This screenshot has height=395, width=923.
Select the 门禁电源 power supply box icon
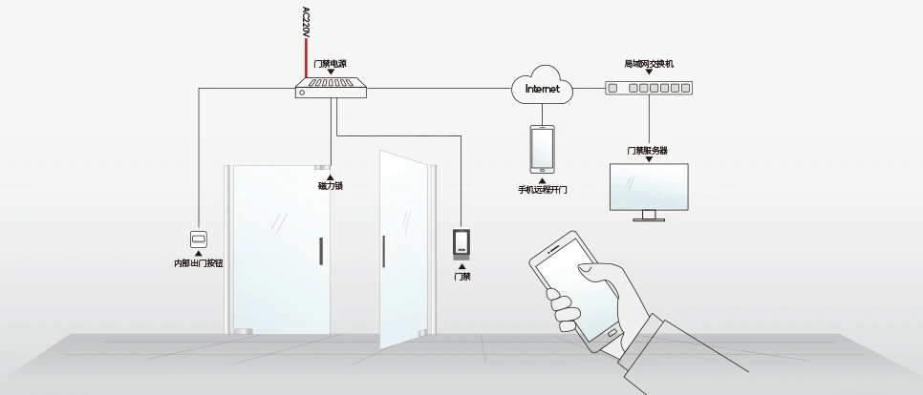331,88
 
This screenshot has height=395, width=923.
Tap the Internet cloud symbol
542,86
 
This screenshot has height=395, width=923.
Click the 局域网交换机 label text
649,64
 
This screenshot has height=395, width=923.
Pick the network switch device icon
649,88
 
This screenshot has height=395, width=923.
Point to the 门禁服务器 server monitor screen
649,186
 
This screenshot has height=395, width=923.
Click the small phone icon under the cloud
542,149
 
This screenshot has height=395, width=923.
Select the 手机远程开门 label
542,190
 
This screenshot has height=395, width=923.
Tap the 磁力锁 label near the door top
331,186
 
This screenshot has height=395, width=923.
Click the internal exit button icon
199,239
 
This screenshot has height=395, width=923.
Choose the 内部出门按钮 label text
199,263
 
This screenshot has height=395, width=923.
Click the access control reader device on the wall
461,244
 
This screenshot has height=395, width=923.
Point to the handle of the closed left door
321,251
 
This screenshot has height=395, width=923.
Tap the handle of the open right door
384,251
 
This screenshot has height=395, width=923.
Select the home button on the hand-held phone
612,333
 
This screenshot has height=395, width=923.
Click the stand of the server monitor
649,216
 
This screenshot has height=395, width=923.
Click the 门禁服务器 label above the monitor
648,151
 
